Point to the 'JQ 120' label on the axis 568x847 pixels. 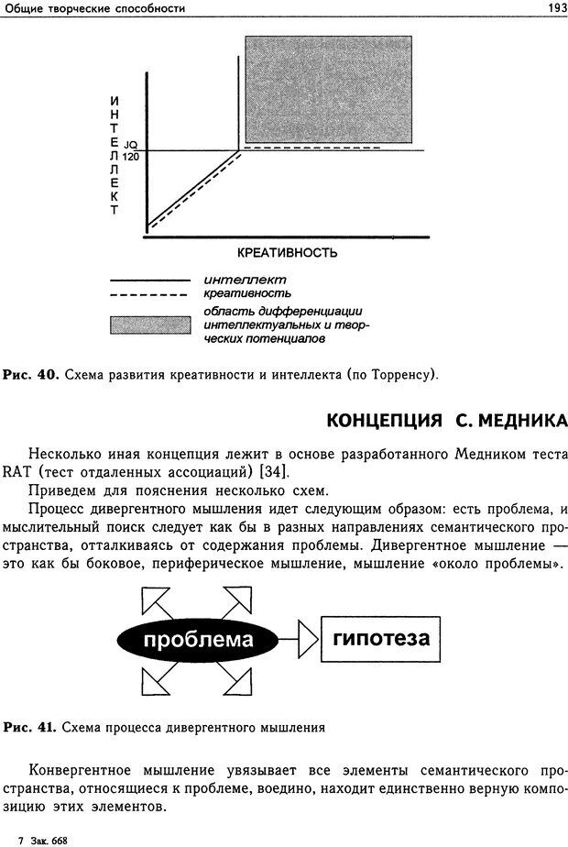pyautogui.click(x=130, y=149)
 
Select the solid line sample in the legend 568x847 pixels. pyautogui.click(x=147, y=280)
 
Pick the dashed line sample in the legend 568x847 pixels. pyautogui.click(x=147, y=294)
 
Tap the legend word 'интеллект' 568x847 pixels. pyautogui.click(x=245, y=280)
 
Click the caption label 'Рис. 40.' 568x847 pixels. pyautogui.click(x=32, y=375)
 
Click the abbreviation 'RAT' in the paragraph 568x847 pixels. pyautogui.click(x=16, y=471)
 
